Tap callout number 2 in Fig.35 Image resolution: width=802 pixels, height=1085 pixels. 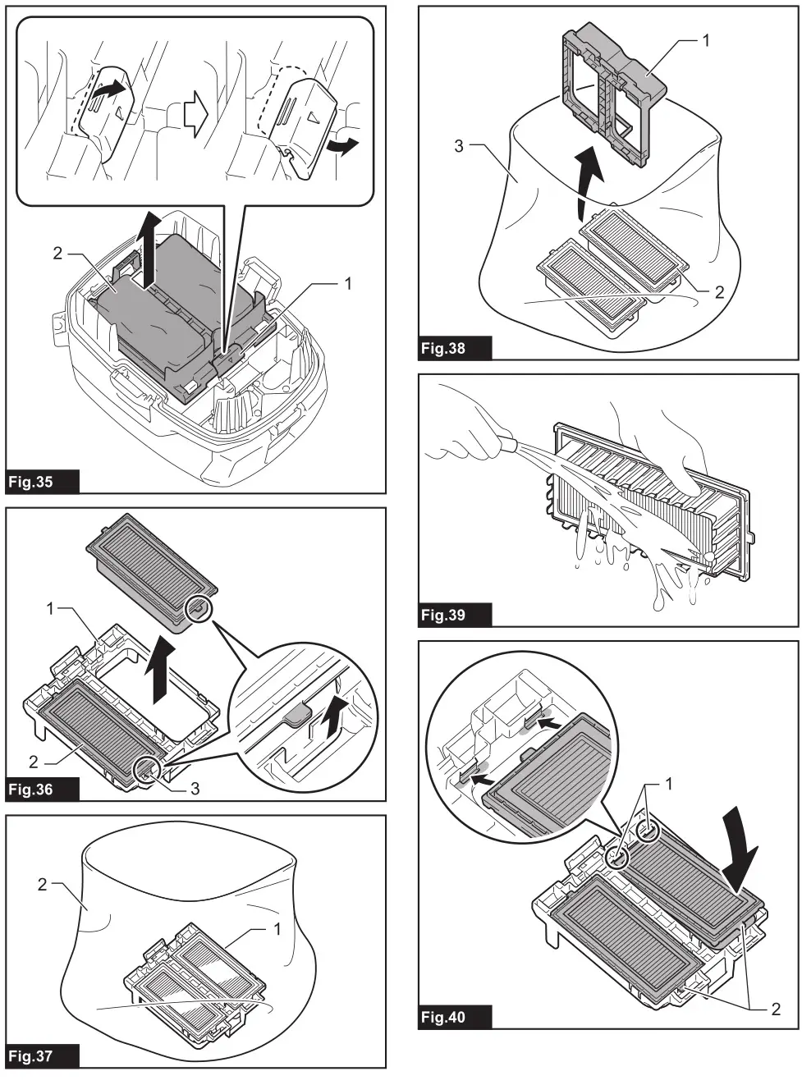[57, 253]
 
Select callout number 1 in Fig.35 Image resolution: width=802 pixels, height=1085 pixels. [348, 283]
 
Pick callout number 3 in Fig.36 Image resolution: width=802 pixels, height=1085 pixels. [195, 789]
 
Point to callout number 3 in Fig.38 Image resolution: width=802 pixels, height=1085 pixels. [459, 146]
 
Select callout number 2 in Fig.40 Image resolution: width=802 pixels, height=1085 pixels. [776, 1009]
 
